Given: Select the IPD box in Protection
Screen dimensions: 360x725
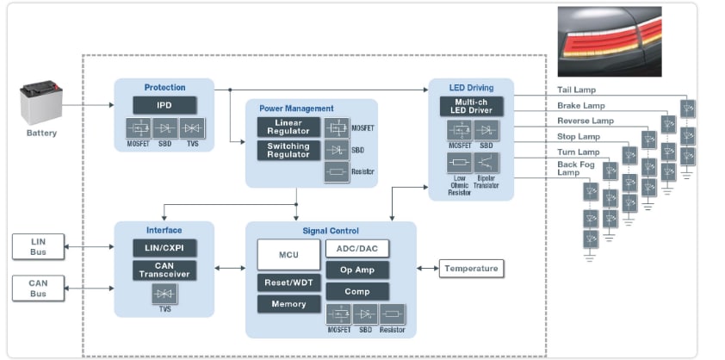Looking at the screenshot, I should [x=164, y=105].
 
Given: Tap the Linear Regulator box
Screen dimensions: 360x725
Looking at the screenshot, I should [x=288, y=126].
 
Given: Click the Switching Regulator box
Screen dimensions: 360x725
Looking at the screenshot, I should [x=288, y=150].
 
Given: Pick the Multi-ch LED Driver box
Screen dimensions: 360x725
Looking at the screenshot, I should [x=470, y=105].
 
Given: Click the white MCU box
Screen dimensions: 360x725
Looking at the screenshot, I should [x=288, y=254].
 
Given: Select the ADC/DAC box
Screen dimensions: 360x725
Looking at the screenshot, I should [x=356, y=248].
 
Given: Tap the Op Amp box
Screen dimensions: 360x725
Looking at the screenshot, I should [x=356, y=270].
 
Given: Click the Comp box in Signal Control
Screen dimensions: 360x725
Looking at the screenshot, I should [x=356, y=291].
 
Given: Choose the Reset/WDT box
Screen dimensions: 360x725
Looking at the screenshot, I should [x=288, y=282].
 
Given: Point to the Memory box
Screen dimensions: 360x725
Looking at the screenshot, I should [x=288, y=303].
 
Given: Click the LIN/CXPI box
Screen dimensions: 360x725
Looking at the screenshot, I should [x=164, y=248].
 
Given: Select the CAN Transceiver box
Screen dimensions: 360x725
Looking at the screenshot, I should [x=164, y=270].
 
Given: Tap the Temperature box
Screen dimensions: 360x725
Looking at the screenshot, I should [x=471, y=269].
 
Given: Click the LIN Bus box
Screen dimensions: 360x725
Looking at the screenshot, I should [x=38, y=246].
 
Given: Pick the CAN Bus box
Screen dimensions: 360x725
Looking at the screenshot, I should [x=38, y=288].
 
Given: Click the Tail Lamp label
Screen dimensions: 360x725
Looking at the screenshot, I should [x=577, y=90].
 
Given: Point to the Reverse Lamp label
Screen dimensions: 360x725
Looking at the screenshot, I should [x=585, y=121].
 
